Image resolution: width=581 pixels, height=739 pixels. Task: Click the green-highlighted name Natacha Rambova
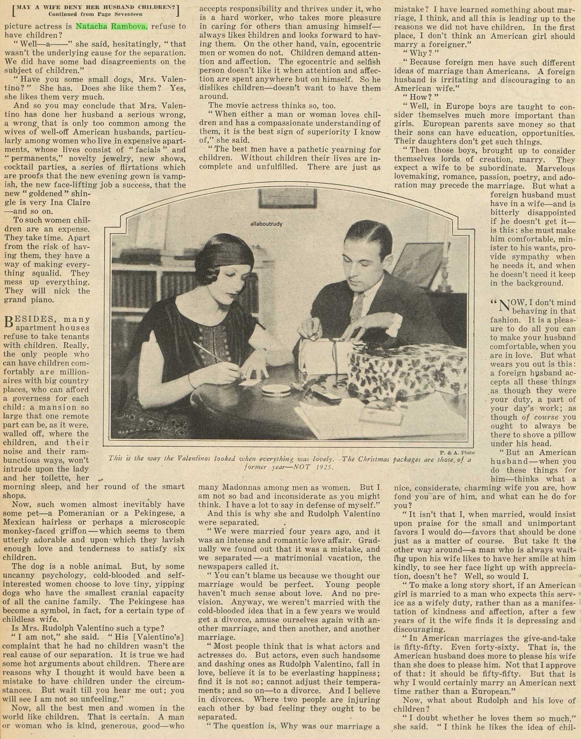click(112, 26)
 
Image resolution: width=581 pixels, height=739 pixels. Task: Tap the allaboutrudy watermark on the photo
click(266, 224)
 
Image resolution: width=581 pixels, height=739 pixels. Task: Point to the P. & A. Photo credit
click(457, 452)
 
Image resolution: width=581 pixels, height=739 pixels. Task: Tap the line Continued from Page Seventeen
click(95, 14)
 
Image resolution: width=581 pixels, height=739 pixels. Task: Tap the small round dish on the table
click(276, 390)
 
